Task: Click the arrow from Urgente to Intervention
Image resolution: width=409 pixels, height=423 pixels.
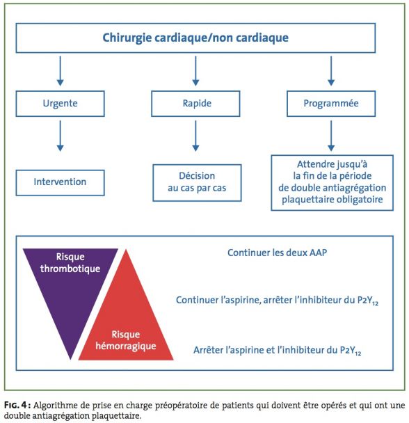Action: [60, 136]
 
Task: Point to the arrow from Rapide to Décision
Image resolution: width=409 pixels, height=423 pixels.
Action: [195, 136]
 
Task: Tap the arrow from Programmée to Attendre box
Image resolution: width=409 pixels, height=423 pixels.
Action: [331, 136]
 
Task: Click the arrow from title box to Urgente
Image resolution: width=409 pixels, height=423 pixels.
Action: [60, 71]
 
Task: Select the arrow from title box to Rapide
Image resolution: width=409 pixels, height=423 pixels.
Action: [195, 71]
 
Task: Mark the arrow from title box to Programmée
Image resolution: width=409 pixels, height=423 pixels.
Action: [331, 71]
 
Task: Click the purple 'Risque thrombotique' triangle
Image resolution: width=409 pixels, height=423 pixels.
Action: [70, 286]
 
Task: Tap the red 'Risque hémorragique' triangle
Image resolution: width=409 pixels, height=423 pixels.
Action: [126, 324]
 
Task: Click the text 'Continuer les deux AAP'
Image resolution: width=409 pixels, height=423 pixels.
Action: [277, 253]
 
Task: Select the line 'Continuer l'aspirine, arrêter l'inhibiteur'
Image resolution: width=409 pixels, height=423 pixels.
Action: [277, 301]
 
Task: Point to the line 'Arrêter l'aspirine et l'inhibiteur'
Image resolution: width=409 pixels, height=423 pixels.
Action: [277, 350]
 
